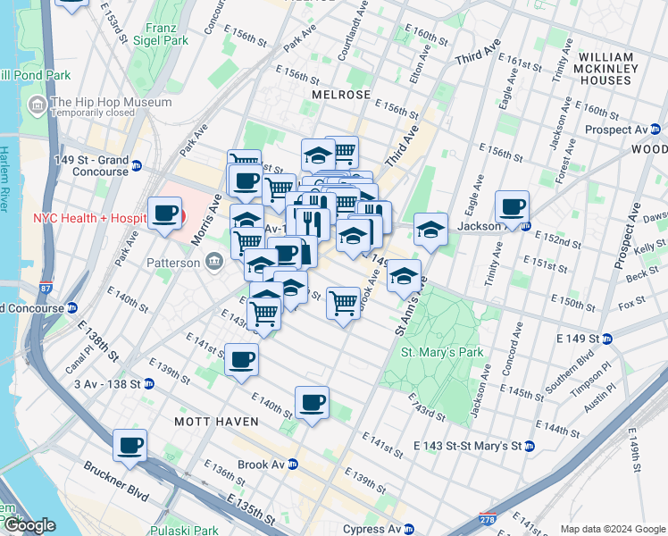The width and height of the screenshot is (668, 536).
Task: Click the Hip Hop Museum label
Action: [111, 103]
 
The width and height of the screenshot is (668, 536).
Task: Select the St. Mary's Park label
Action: [441, 352]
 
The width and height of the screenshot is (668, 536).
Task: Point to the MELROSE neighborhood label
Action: [341, 95]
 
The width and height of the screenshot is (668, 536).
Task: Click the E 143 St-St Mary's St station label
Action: [473, 446]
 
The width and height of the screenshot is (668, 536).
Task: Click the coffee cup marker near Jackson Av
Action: [513, 208]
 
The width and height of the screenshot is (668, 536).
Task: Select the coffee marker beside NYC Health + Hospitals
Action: [164, 214]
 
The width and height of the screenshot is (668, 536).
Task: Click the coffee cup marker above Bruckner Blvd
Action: [129, 445]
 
